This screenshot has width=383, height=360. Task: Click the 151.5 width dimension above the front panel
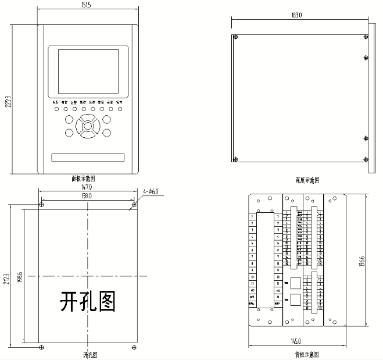coord(87,5)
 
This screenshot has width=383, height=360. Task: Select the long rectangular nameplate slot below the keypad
coord(88,158)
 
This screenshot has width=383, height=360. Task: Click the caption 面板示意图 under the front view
coord(83,179)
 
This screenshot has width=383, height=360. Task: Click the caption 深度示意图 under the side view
coord(308,181)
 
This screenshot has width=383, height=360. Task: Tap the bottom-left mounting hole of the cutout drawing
coord(40,347)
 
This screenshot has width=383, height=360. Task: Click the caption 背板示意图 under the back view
coord(306,354)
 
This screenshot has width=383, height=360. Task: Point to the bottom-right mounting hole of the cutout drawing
coord(134,347)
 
